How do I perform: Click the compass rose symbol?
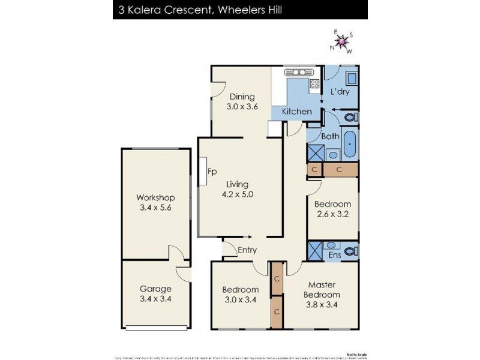pyautogui.click(x=341, y=41)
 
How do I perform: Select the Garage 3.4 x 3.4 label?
pyautogui.click(x=155, y=293)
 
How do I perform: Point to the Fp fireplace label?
pyautogui.click(x=212, y=172)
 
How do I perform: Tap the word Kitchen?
pyautogui.click(x=297, y=112)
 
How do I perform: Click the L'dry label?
pyautogui.click(x=341, y=92)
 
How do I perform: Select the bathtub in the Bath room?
pyautogui.click(x=350, y=145)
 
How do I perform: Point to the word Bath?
pyautogui.click(x=330, y=136)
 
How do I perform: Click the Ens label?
pyautogui.click(x=334, y=256)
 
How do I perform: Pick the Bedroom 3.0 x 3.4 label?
pyautogui.click(x=240, y=295)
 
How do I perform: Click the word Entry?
pyautogui.click(x=247, y=250)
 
